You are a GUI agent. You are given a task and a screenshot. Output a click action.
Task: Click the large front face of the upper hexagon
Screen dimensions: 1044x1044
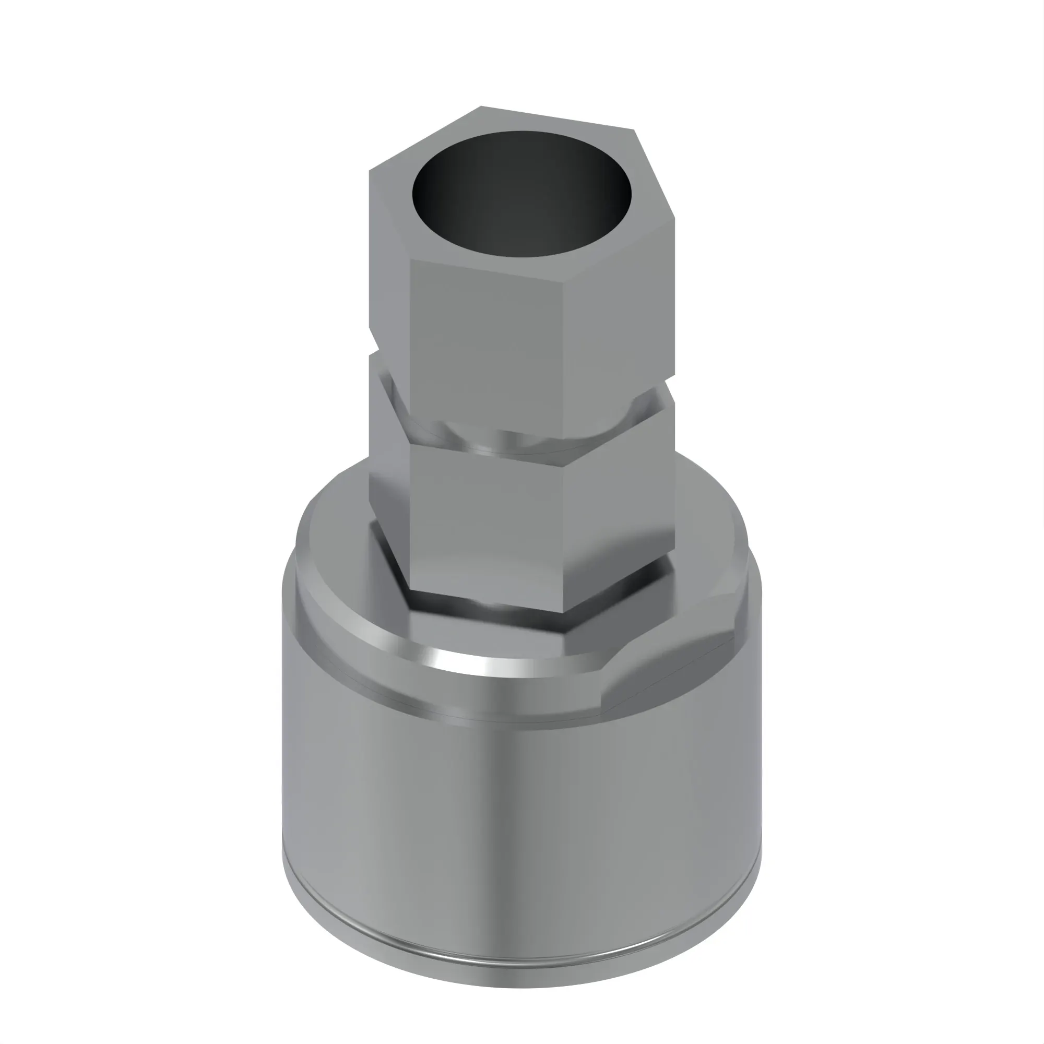487,346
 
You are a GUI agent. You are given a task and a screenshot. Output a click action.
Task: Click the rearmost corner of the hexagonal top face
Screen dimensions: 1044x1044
481,106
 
